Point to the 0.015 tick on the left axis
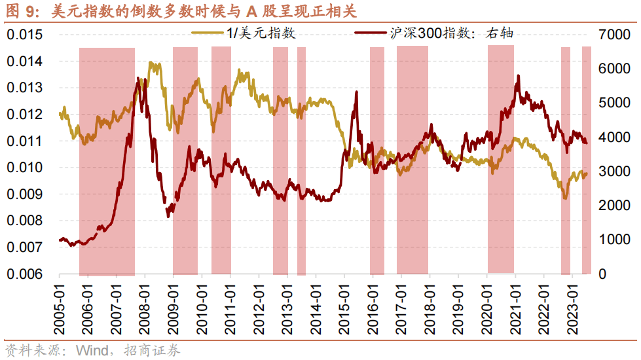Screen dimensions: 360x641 [x=24, y=35]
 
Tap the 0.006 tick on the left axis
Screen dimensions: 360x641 [x=24, y=274]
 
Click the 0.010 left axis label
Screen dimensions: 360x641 [x=24, y=168]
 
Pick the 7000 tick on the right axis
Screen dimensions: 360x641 [x=612, y=35]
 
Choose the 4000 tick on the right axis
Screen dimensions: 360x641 [x=612, y=137]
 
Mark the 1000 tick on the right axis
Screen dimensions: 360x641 [x=612, y=240]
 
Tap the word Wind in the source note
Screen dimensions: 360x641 [x=90, y=350]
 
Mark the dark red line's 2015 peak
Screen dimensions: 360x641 [x=357, y=92]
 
